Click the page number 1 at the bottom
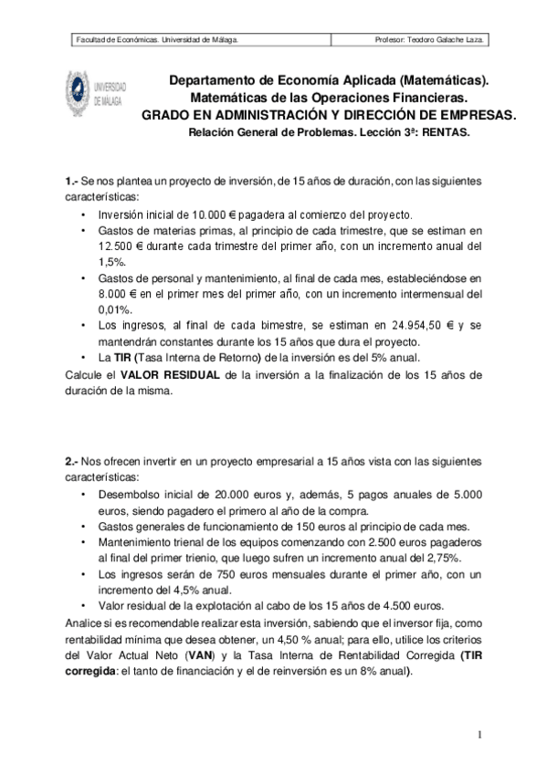point(477,736)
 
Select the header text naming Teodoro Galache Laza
point(429,40)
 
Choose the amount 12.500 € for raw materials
point(121,246)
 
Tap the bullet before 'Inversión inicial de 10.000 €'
point(85,214)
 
